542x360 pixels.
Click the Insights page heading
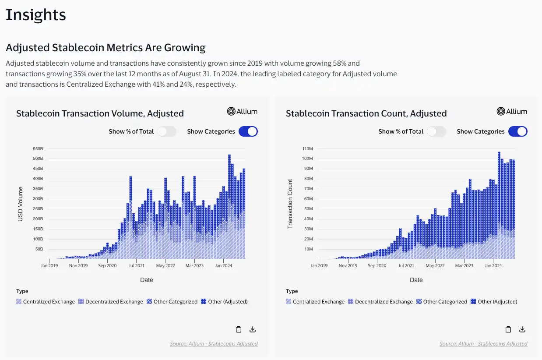click(35, 15)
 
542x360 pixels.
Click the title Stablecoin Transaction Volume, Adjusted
click(100, 113)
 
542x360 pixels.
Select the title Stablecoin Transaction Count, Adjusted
click(366, 113)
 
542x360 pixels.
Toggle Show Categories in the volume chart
click(248, 131)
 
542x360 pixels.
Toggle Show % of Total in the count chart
click(436, 131)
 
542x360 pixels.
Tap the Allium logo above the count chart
click(512, 111)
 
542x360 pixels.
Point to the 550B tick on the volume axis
click(38, 148)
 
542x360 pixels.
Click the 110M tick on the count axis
click(307, 148)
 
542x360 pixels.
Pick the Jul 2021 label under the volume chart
click(137, 265)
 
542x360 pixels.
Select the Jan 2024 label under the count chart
click(493, 265)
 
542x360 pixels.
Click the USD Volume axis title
click(20, 204)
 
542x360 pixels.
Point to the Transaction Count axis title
click(290, 204)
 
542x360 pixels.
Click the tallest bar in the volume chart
click(229, 206)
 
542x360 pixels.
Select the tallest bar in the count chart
click(499, 206)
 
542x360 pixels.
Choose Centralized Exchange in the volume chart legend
click(46, 302)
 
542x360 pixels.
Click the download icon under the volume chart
click(253, 329)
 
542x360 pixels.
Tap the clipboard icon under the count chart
click(508, 329)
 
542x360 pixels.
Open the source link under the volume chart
click(214, 344)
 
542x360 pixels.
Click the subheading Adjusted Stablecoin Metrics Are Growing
click(106, 47)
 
